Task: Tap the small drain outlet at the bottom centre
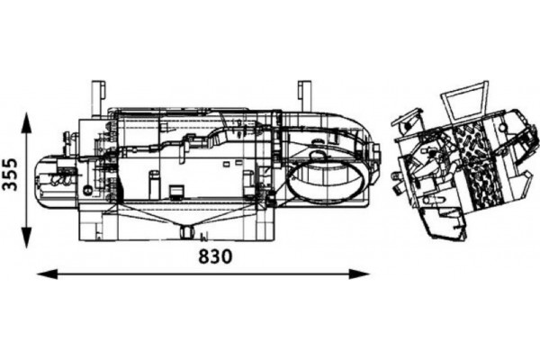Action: coord(187,232)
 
